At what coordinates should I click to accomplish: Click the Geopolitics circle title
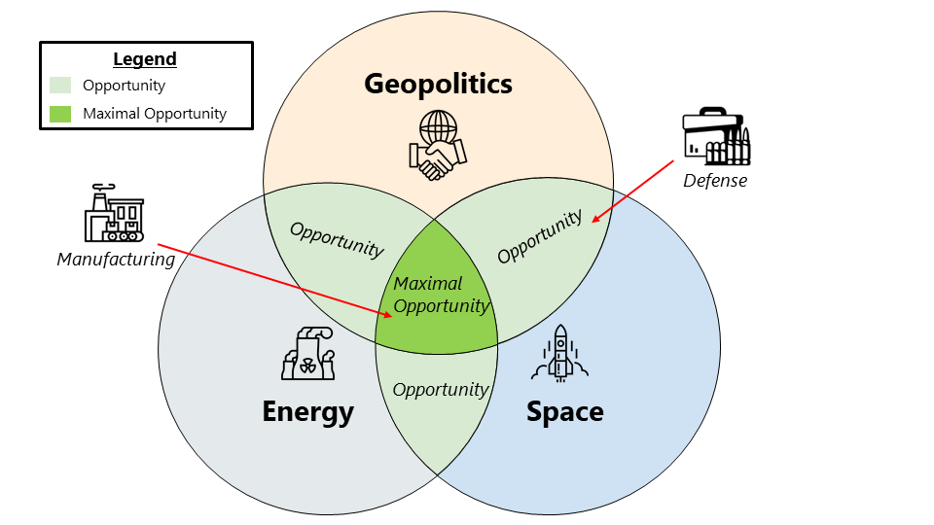tap(438, 84)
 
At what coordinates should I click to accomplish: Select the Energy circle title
tap(307, 411)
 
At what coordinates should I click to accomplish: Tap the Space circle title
tap(564, 411)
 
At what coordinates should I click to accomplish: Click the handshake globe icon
tap(438, 145)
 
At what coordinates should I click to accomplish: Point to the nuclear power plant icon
tap(306, 353)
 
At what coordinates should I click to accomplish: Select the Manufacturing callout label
tap(116, 260)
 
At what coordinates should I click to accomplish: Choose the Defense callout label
tap(715, 180)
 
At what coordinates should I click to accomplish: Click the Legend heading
tap(145, 59)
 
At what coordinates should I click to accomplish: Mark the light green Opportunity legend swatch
tap(60, 86)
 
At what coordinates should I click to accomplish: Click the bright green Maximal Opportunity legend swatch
tap(60, 114)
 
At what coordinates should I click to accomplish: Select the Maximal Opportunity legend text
tap(155, 114)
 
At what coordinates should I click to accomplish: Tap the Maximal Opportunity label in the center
tap(441, 295)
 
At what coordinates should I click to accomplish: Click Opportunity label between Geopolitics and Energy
tap(337, 239)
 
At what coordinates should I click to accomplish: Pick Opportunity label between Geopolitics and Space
tap(540, 236)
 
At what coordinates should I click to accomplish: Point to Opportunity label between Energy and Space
tap(440, 389)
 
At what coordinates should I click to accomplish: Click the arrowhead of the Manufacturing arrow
tap(389, 315)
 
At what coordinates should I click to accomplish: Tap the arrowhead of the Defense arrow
tap(593, 220)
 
